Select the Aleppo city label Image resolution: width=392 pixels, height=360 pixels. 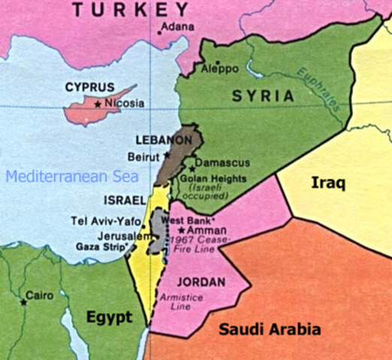[219, 69]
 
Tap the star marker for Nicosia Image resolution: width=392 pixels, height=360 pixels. [97, 104]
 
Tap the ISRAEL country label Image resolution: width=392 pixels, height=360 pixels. [122, 202]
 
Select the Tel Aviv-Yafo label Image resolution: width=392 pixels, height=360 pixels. [105, 220]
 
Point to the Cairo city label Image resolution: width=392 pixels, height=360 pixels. [38, 295]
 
